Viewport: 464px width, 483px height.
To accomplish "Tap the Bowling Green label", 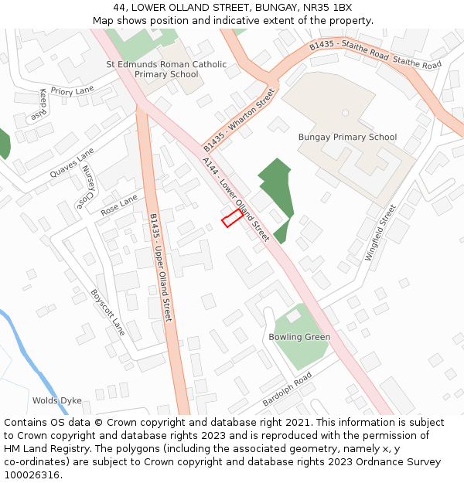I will point(299,337).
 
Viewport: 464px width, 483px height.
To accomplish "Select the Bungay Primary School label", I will point(347,138).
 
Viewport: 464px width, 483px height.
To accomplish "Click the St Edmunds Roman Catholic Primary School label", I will point(166,70).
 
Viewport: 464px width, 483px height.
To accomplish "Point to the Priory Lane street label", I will point(72,91).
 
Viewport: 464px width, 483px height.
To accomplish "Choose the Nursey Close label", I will point(87,188).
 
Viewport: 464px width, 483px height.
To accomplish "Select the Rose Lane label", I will point(118,205).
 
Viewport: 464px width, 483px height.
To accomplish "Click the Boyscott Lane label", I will point(107,312).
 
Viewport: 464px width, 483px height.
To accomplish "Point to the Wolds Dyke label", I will point(56,400).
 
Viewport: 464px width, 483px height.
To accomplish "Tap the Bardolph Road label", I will point(286,389).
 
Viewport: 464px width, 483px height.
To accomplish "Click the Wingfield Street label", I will point(380,232).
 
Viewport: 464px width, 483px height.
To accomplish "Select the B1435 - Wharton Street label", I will point(239,120).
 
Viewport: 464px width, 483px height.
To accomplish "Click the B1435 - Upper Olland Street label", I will point(161,267).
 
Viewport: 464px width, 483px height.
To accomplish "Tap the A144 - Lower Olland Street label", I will point(235,199).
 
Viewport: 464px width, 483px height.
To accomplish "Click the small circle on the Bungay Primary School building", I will point(345,113).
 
